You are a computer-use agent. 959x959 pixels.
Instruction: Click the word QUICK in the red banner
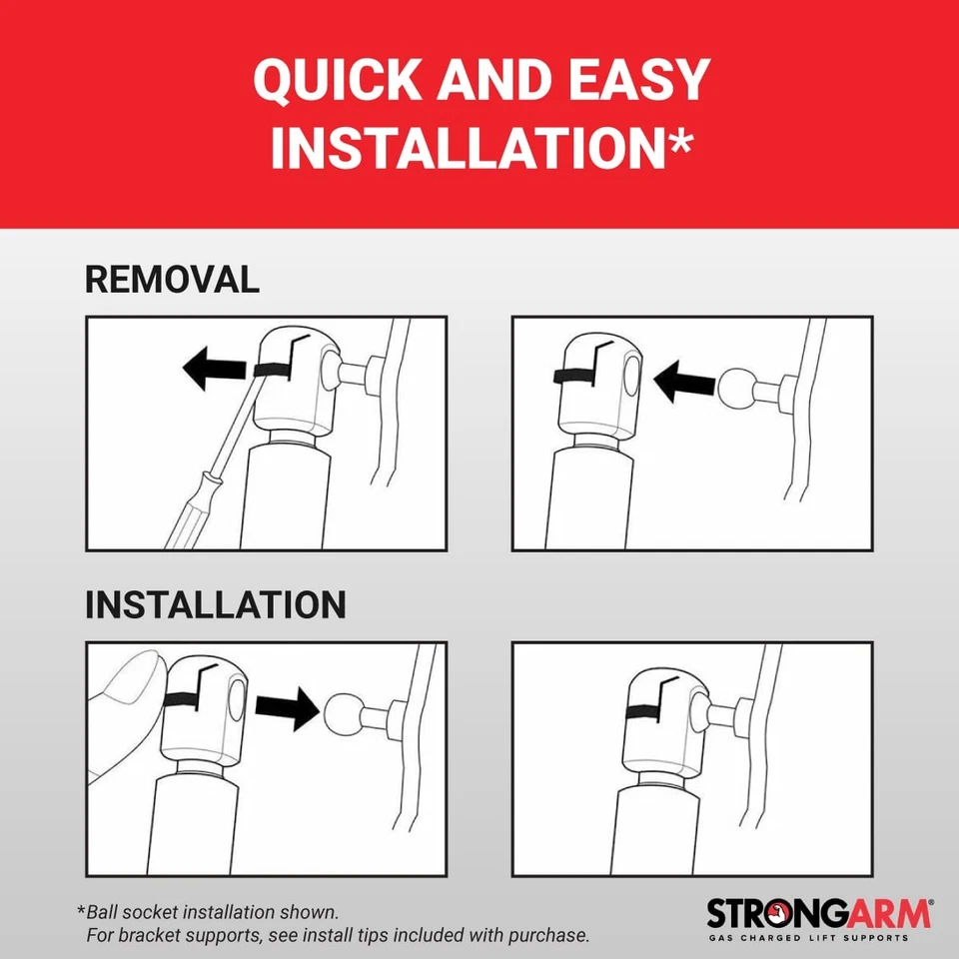338,80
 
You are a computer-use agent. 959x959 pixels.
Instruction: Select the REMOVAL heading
172,280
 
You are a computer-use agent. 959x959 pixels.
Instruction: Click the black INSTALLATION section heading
216,605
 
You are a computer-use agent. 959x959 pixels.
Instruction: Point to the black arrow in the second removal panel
684,382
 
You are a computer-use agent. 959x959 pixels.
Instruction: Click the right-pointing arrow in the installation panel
288,708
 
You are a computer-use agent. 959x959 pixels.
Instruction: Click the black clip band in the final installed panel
644,710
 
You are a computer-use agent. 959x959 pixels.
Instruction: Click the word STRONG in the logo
777,914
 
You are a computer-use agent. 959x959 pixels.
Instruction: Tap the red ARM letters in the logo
889,914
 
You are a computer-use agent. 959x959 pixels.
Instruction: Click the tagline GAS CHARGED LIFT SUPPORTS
808,938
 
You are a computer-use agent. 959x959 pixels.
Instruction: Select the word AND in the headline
495,80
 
